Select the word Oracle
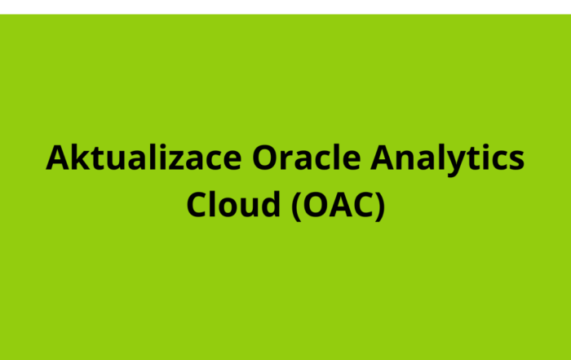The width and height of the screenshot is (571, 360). click(296, 157)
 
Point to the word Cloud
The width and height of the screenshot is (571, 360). click(232, 203)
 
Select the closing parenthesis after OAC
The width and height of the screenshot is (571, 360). click(378, 205)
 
